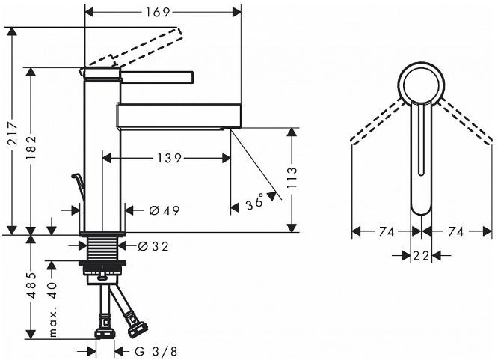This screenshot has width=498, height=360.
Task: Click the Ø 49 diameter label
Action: click(164, 211)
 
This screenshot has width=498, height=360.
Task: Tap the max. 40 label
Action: click(52, 310)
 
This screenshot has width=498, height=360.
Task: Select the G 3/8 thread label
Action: click(155, 350)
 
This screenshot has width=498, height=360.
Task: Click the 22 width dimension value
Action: click(421, 256)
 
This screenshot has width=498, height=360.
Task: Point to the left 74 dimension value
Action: click(387, 233)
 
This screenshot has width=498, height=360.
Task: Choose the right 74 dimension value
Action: click(456, 233)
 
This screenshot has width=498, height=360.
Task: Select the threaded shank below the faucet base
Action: click(102, 248)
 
